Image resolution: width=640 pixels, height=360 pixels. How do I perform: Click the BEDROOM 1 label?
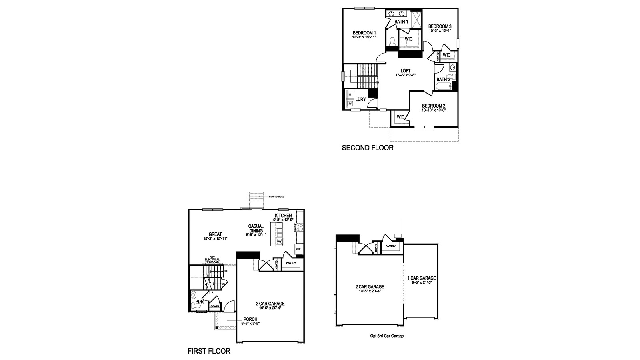tap(364, 33)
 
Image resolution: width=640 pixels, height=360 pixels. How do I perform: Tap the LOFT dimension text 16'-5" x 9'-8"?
tap(405, 75)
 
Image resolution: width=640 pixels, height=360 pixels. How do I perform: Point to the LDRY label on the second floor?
tap(360, 99)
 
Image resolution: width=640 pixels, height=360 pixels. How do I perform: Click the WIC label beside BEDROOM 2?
tap(401, 117)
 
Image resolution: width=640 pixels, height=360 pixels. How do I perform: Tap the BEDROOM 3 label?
tap(440, 26)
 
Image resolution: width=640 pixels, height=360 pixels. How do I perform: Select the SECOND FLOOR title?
tap(368, 148)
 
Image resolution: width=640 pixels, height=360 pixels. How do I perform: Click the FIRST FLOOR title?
tap(209, 352)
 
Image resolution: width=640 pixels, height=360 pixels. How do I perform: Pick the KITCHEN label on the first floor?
tap(283, 216)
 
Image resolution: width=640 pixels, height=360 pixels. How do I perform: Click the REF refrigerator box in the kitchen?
tap(298, 250)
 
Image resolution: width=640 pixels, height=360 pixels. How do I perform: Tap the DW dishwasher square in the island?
tap(279, 242)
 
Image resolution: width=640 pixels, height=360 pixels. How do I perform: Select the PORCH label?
tap(250, 319)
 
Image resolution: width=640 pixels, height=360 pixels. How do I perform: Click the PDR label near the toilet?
tap(199, 302)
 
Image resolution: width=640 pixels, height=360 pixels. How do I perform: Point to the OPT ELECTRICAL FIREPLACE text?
tap(212, 260)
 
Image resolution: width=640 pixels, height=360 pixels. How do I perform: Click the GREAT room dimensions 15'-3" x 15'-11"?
tap(215, 239)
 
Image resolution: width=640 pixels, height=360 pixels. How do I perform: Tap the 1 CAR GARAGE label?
tap(422, 278)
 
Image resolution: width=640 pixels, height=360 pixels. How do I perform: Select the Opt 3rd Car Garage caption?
tap(387, 336)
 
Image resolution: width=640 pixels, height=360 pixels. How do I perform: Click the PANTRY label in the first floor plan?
tap(291, 263)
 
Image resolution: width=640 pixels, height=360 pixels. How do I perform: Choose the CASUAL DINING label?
tap(256, 228)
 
